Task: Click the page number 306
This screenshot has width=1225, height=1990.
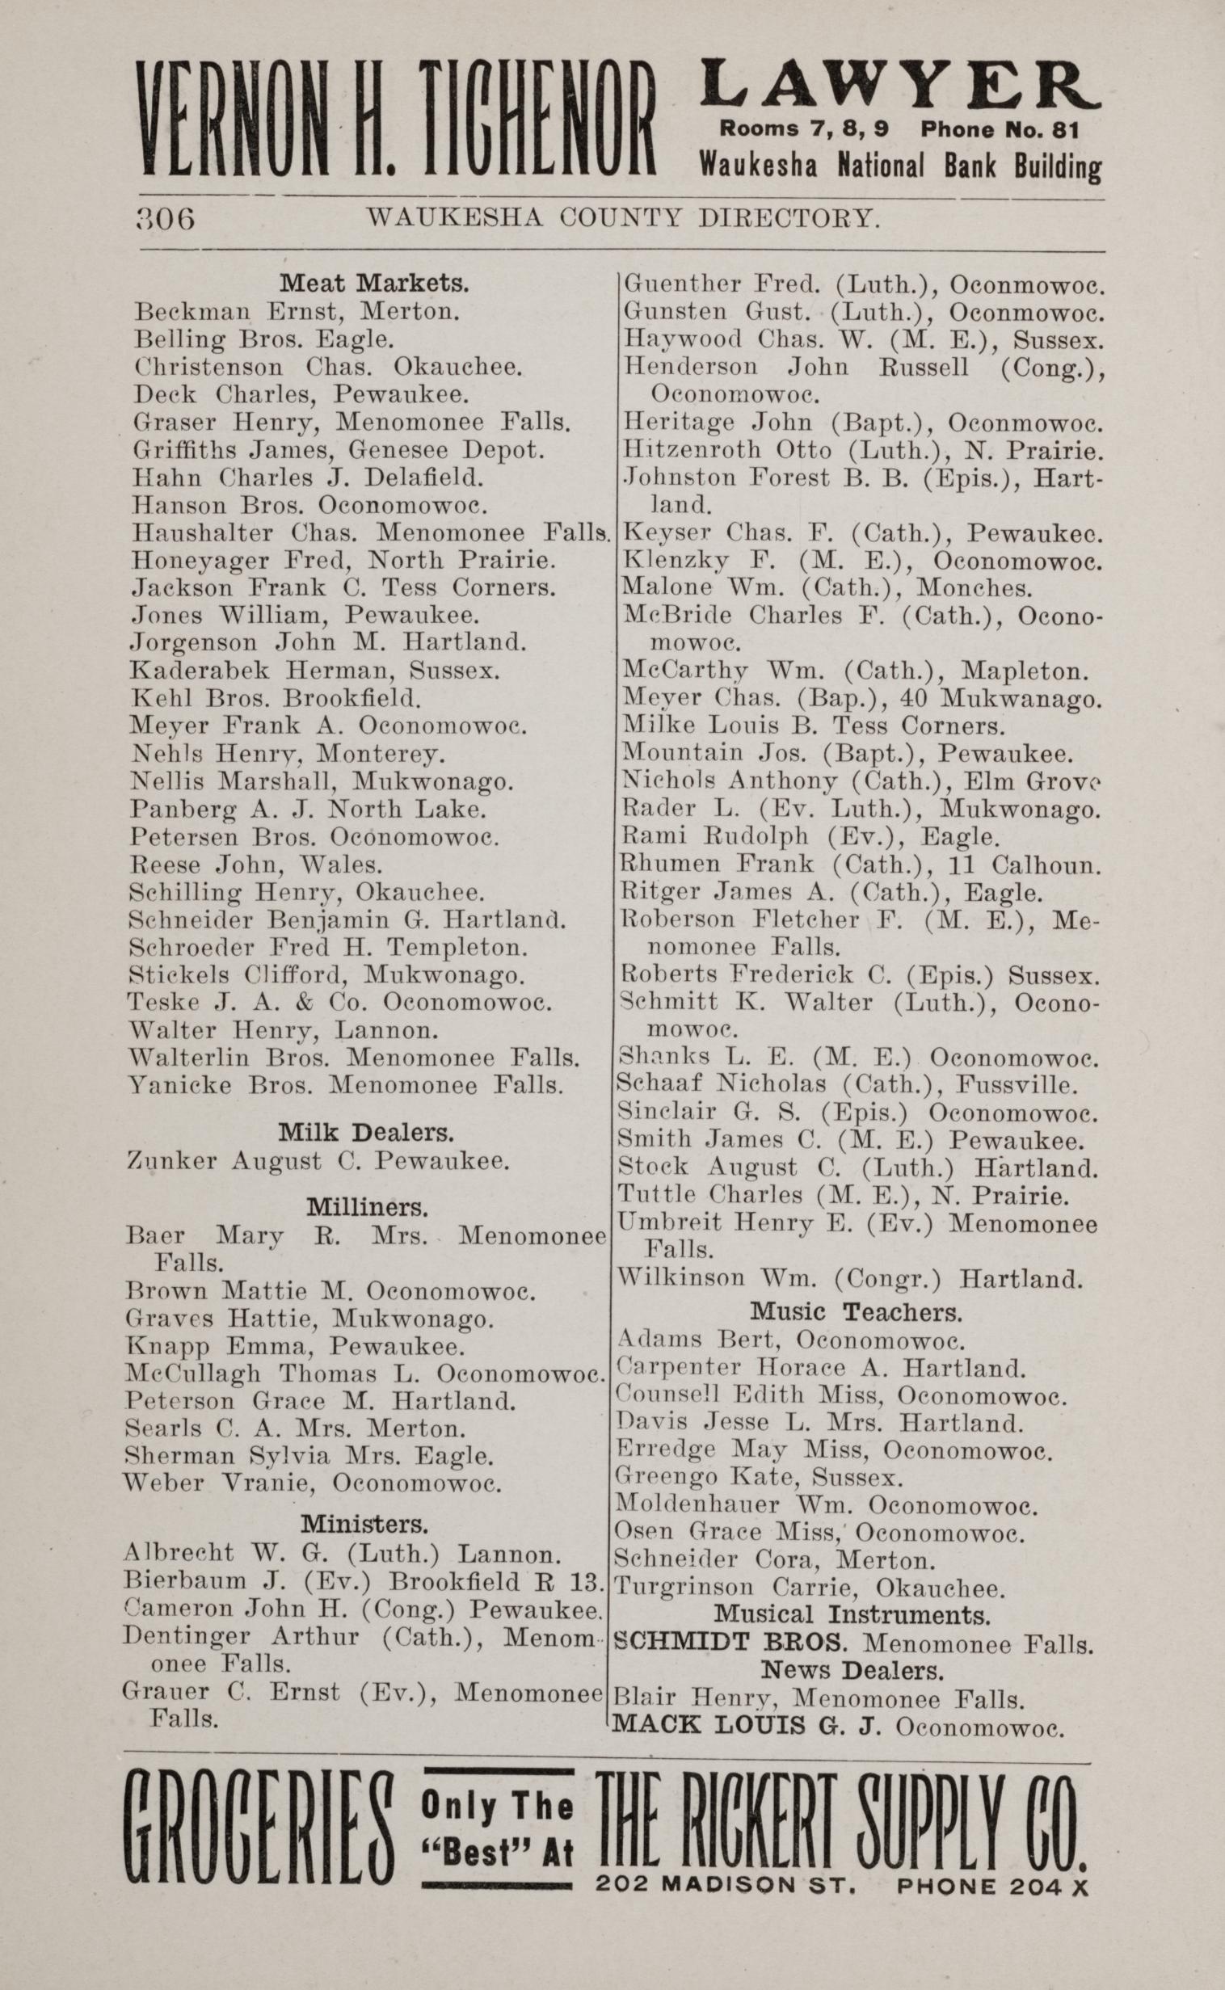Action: coord(166,220)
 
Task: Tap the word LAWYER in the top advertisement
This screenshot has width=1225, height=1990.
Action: coord(899,85)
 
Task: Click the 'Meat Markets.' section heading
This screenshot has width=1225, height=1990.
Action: coord(374,284)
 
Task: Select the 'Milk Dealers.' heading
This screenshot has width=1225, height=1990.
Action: coord(366,1131)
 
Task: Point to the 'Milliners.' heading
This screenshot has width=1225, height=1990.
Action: coord(367,1208)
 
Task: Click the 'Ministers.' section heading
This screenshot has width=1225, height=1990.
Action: coord(364,1524)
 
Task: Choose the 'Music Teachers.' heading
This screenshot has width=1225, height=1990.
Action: coord(857,1311)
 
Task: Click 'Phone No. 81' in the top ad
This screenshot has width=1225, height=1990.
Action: coord(1000,129)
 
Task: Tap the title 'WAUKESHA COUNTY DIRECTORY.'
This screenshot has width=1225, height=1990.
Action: coord(622,218)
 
